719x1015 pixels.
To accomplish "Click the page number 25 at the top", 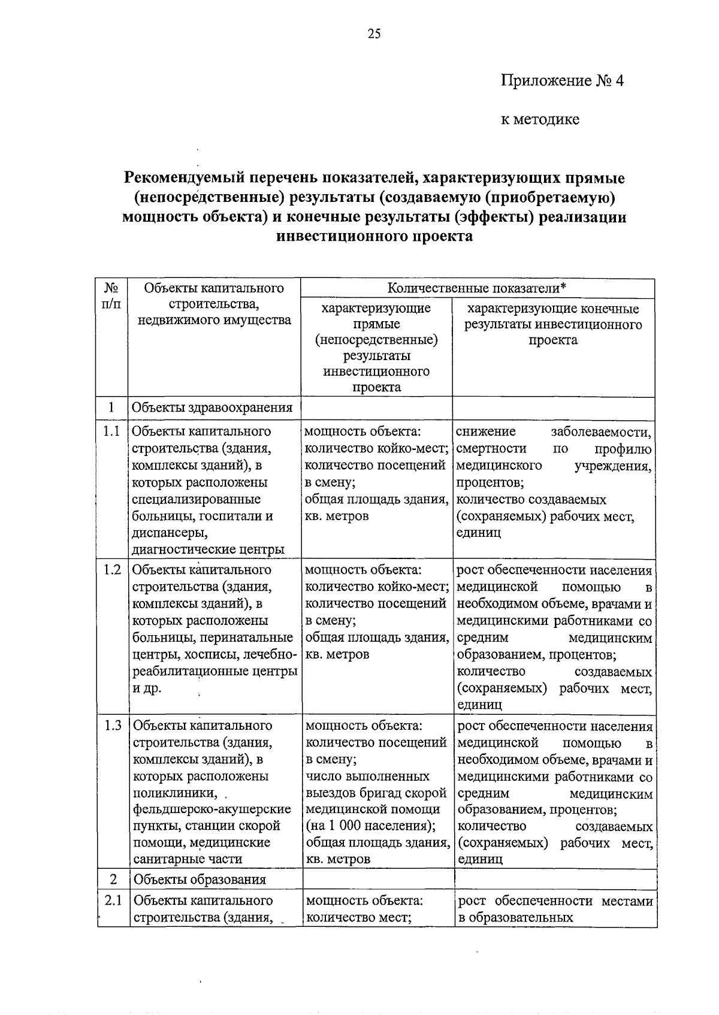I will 374,34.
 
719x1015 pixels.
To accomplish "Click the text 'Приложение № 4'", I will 562,81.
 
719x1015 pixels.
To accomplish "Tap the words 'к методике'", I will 540,120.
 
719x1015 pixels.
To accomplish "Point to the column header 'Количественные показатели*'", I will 476,288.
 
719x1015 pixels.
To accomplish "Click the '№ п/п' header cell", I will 111,295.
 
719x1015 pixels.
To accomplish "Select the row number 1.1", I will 111,431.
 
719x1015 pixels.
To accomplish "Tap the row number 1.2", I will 111,570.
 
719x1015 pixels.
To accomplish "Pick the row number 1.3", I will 112,726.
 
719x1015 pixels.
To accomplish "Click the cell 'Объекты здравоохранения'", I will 212,408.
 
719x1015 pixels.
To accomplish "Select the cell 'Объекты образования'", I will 200,880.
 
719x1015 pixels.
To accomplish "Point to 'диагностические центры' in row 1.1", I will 208,549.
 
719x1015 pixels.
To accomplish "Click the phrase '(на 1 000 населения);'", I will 370,826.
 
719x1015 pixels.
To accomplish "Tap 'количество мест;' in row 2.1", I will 358,917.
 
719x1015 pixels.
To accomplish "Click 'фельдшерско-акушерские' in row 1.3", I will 212,809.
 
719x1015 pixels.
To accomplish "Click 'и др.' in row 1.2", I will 147,688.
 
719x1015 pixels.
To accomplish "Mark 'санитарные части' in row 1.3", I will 188,859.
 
